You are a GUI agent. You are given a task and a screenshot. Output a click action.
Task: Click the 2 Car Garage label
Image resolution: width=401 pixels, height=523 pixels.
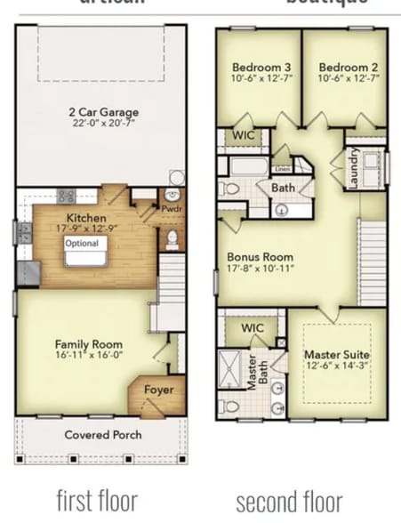100,113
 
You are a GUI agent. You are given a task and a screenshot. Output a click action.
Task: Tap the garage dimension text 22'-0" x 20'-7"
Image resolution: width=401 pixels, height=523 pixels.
100,125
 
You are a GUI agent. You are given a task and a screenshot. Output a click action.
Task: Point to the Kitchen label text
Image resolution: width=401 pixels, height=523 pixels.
87,218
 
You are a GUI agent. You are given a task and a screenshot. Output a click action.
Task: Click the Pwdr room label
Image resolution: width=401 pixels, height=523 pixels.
172,210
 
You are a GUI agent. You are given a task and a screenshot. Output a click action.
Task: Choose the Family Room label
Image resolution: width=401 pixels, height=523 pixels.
89,344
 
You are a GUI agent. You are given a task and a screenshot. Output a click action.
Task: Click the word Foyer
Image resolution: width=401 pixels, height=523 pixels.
158,390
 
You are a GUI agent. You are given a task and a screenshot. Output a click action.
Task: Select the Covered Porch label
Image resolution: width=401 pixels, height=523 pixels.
101,435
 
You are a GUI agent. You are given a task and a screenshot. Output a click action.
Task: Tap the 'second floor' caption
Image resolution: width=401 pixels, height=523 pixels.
289,500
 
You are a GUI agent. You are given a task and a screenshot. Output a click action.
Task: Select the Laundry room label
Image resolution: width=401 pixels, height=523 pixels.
353,167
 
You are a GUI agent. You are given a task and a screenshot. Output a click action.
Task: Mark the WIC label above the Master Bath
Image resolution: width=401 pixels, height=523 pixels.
253,327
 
